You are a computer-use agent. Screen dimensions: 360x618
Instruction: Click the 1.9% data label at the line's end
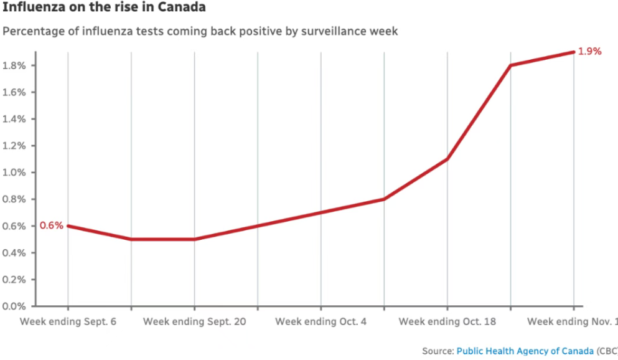pos(589,52)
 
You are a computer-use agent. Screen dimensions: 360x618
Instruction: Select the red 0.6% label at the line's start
pos(52,225)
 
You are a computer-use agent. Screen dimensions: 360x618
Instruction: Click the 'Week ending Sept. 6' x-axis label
pos(68,322)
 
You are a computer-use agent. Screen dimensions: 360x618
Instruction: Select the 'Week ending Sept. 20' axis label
pos(194,322)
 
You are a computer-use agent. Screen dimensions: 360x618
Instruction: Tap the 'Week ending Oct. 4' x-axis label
pos(321,322)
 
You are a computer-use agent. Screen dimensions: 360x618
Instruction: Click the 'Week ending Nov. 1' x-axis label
pos(572,322)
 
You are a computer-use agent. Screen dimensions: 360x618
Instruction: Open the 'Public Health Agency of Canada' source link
pos(525,351)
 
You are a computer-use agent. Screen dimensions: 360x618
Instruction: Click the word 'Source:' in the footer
pos(438,351)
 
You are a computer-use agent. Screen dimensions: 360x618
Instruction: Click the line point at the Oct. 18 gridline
pos(447,159)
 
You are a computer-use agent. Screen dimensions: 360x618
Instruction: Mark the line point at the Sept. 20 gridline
pos(194,239)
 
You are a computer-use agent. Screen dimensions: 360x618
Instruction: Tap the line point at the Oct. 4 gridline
pos(321,212)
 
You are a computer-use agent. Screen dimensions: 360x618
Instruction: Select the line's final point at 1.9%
pos(573,52)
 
